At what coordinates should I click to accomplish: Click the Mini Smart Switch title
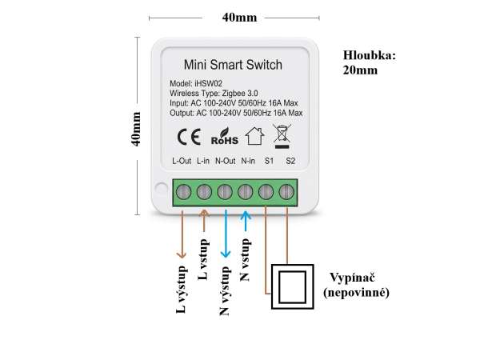[233, 65]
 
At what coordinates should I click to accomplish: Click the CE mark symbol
[189, 137]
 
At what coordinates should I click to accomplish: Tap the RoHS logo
[224, 137]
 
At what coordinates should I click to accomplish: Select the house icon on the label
[254, 136]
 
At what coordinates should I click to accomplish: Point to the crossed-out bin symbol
[282, 137]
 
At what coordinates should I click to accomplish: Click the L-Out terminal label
[182, 161]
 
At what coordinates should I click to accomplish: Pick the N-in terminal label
[248, 161]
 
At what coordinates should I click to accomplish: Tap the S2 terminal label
[290, 161]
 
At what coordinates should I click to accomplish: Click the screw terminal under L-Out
[184, 192]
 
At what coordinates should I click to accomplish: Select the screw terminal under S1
[266, 192]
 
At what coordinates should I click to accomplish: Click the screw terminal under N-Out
[225, 192]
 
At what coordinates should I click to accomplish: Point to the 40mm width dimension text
[240, 18]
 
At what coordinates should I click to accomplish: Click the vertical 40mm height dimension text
[135, 129]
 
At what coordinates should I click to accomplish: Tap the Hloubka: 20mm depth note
[369, 62]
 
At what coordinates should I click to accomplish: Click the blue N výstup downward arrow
[226, 234]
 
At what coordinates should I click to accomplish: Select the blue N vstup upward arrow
[246, 221]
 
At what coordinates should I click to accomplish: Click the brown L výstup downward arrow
[182, 234]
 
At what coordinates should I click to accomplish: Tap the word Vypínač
[352, 278]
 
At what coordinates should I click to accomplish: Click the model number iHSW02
[209, 83]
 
